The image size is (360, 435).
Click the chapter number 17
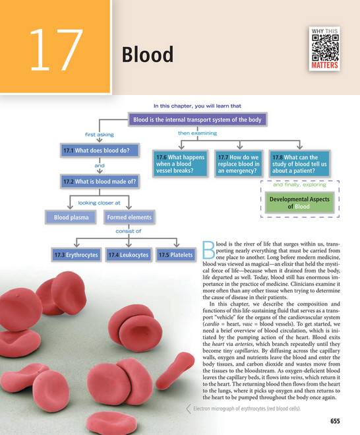coord(56,50)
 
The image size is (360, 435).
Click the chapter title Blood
coord(148,54)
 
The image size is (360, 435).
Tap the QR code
coord(325,48)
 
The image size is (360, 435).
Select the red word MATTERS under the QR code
coord(324,65)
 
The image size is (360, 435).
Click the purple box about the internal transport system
coord(197,119)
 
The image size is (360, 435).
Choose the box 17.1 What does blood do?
coord(100,151)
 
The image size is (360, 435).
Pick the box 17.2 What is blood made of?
coord(100,182)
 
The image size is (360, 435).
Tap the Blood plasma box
coord(71,217)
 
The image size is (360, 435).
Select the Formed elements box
coord(129,217)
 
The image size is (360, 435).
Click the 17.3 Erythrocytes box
coord(76,255)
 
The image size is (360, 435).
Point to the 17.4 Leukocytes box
coord(129,255)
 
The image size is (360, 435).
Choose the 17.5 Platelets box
coord(175,255)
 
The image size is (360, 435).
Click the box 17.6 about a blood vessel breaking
coord(180,164)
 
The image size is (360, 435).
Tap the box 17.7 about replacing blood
coord(239,164)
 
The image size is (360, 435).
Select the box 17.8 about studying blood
coord(299,164)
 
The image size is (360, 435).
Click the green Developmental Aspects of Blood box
coord(299,203)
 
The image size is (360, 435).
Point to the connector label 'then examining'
coord(197,133)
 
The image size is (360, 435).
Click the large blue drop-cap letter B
coord(208,250)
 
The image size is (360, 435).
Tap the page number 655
coord(335,421)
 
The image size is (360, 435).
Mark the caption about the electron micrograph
coord(247,409)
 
